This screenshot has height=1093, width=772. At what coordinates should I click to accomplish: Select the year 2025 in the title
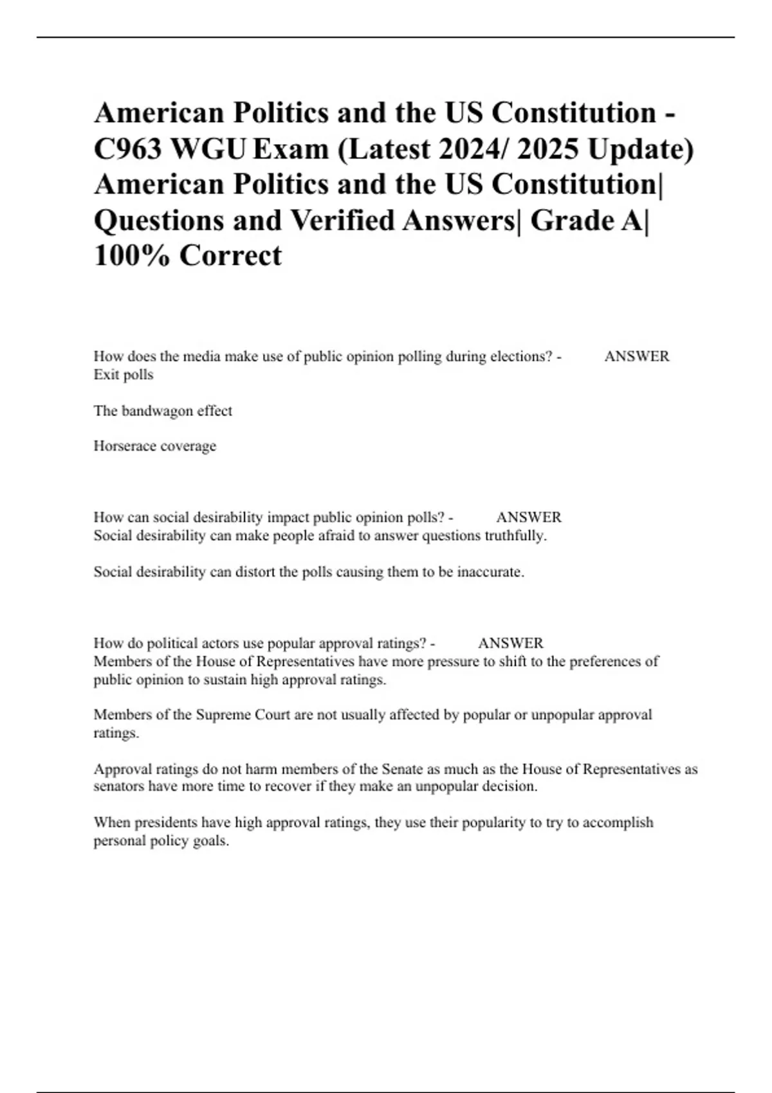point(547,149)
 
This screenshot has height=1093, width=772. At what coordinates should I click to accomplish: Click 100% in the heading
point(132,256)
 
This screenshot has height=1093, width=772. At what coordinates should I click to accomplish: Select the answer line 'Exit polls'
point(124,375)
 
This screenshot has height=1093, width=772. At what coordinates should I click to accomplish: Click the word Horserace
point(123,446)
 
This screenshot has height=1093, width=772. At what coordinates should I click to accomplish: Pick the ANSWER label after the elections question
point(636,357)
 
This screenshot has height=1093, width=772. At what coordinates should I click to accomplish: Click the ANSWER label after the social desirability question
point(528,518)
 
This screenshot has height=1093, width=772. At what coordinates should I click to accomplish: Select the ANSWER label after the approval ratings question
point(510,644)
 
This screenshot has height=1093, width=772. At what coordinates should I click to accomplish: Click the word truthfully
point(515,536)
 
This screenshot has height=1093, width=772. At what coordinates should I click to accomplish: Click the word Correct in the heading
point(230,256)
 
